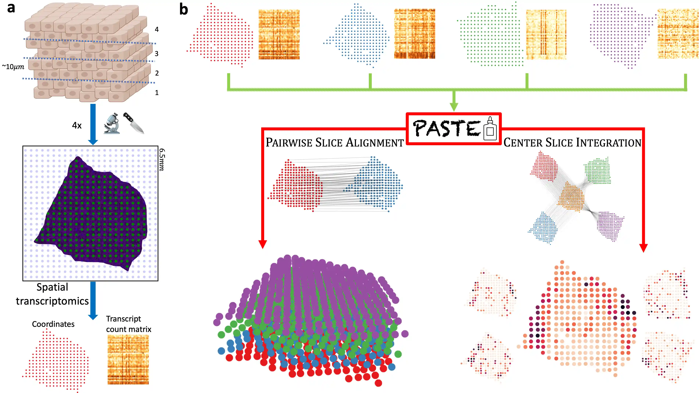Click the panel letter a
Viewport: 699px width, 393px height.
(11, 8)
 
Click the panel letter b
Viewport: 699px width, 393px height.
(184, 10)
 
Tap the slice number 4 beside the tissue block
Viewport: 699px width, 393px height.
(157, 29)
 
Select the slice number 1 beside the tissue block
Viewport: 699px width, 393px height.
(157, 93)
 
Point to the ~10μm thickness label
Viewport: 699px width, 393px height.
(13, 67)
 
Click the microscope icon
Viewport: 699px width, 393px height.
(112, 123)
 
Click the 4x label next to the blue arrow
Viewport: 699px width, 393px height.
(77, 125)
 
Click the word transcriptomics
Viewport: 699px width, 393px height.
(52, 301)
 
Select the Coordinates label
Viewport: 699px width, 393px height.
(53, 324)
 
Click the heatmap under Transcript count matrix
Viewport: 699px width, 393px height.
(128, 359)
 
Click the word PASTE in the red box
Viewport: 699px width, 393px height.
(446, 128)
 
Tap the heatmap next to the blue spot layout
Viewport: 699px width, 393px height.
(414, 34)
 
